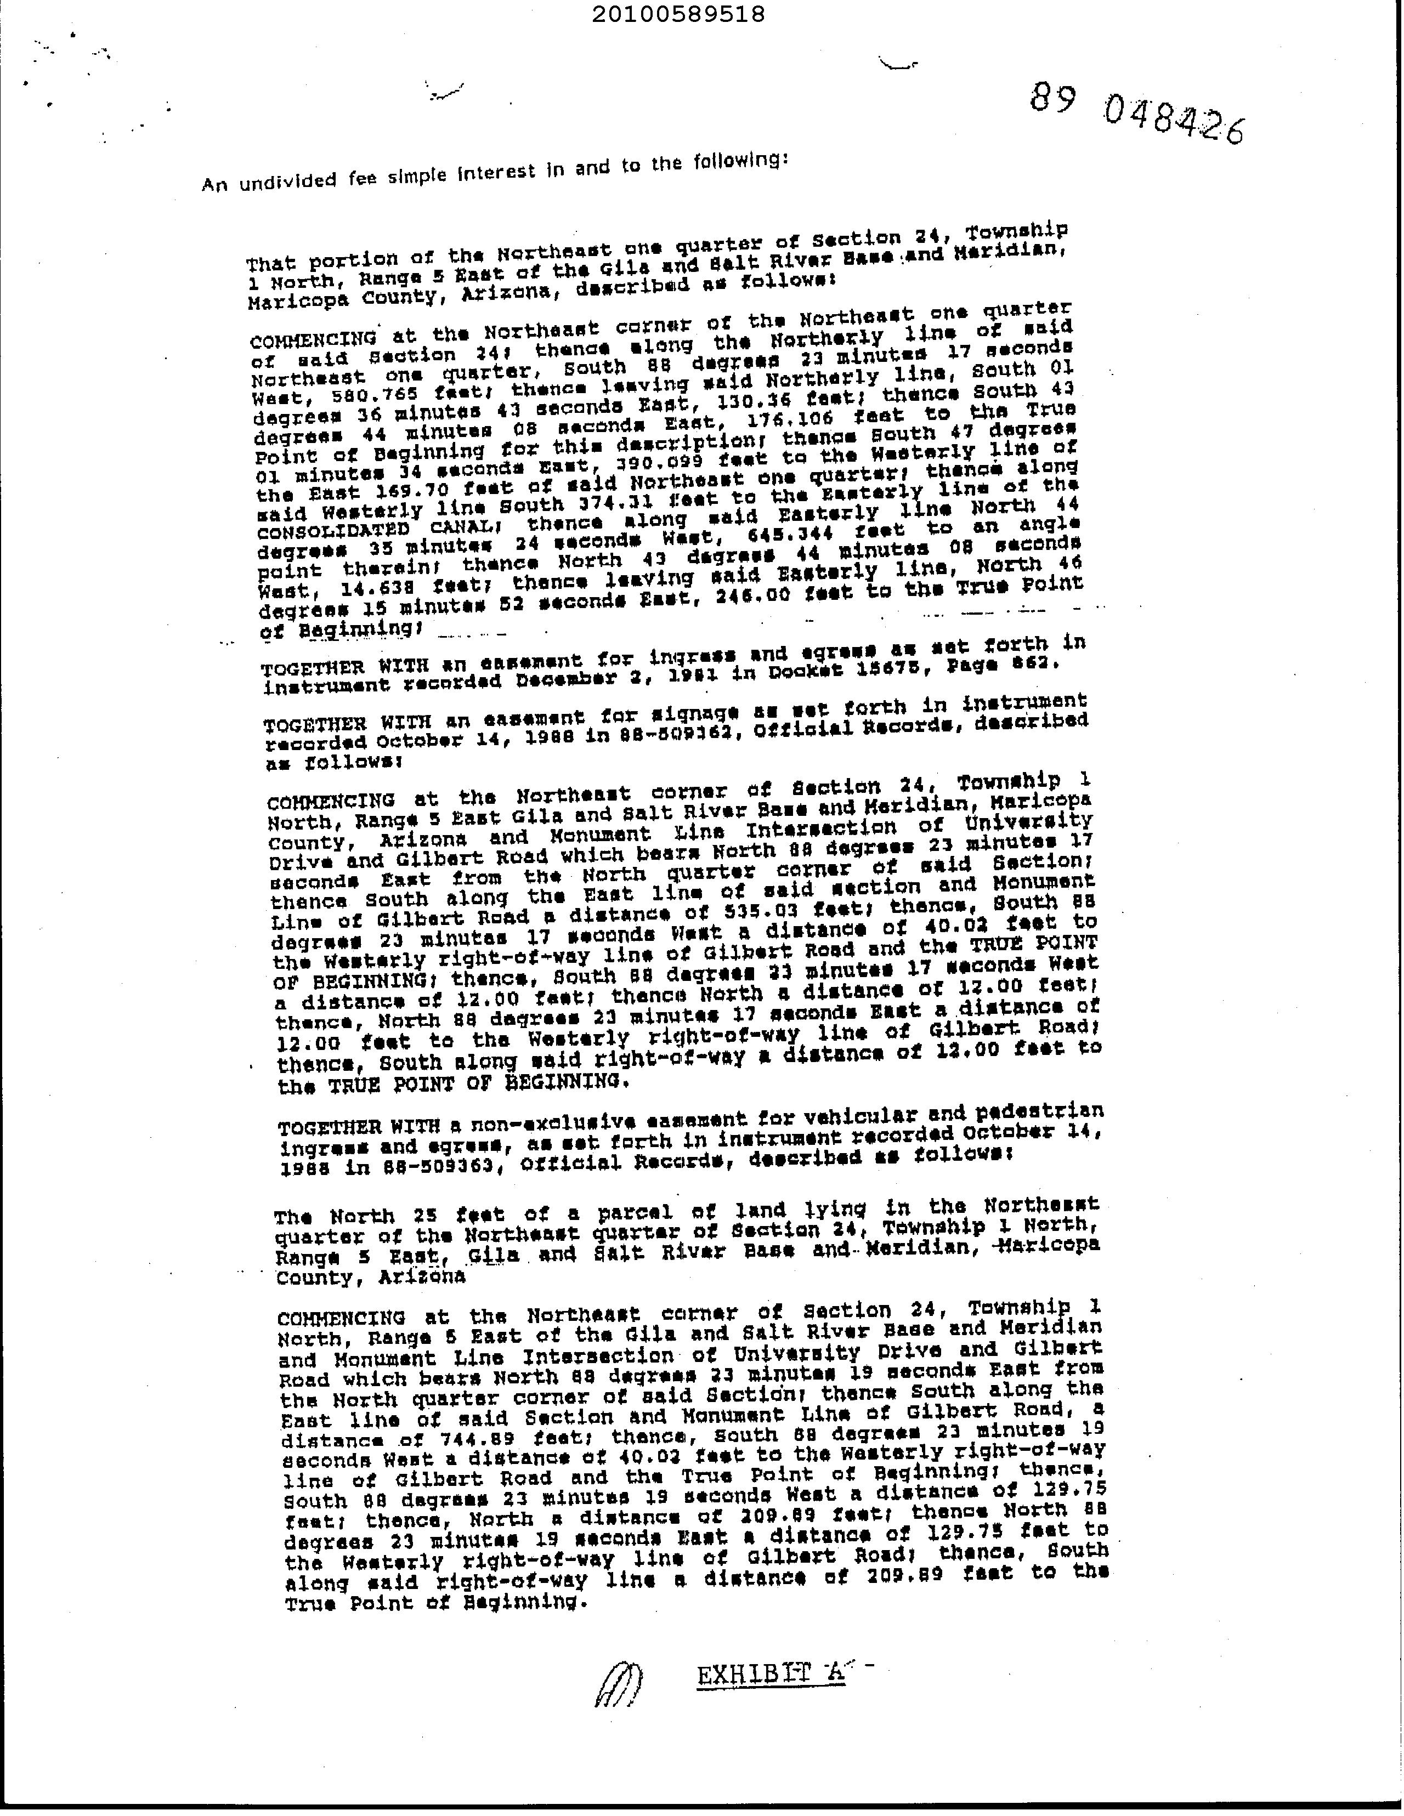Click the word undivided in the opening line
pos(287,180)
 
